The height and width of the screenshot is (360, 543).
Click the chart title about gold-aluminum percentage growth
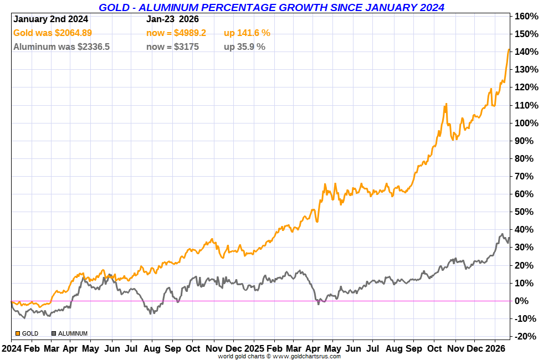[271, 7]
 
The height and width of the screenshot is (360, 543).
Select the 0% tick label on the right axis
[527, 301]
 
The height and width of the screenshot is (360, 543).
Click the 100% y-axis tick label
[525, 123]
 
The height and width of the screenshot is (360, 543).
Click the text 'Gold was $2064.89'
[53, 33]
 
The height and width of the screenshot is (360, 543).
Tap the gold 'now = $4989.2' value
[176, 33]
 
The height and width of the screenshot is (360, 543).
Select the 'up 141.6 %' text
[247, 33]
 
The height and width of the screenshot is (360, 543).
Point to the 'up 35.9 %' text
[244, 47]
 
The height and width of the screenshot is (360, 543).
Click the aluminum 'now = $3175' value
[172, 47]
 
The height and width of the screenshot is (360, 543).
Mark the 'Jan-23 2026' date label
[172, 19]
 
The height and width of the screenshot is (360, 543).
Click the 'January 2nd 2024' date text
[49, 19]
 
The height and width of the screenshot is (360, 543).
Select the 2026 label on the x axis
[495, 349]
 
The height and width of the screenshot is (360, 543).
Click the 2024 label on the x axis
[12, 349]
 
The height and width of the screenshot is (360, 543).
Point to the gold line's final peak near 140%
[509, 50]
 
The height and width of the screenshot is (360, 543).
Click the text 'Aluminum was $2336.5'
[61, 47]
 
